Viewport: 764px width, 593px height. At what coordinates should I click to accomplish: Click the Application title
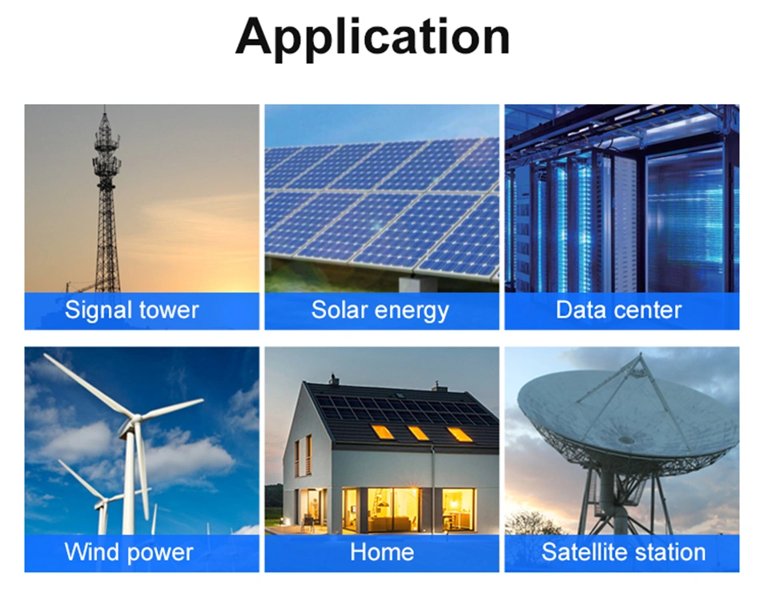point(372,38)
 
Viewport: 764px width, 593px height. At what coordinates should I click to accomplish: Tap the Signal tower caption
point(131,311)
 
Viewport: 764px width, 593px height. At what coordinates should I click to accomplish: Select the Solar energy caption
point(380,311)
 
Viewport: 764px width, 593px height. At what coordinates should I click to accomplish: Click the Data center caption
point(618,310)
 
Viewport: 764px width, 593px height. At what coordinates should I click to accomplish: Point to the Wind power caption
point(129,553)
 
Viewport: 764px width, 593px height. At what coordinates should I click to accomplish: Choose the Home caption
point(382,552)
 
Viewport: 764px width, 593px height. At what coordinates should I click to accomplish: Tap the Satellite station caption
point(623,552)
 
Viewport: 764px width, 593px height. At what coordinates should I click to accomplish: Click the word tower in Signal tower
point(169,311)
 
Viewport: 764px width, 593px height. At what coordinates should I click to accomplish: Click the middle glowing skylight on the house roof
point(418,433)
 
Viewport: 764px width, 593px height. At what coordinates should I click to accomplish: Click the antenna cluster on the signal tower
point(107,154)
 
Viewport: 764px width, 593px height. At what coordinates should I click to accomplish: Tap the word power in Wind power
point(160,554)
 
